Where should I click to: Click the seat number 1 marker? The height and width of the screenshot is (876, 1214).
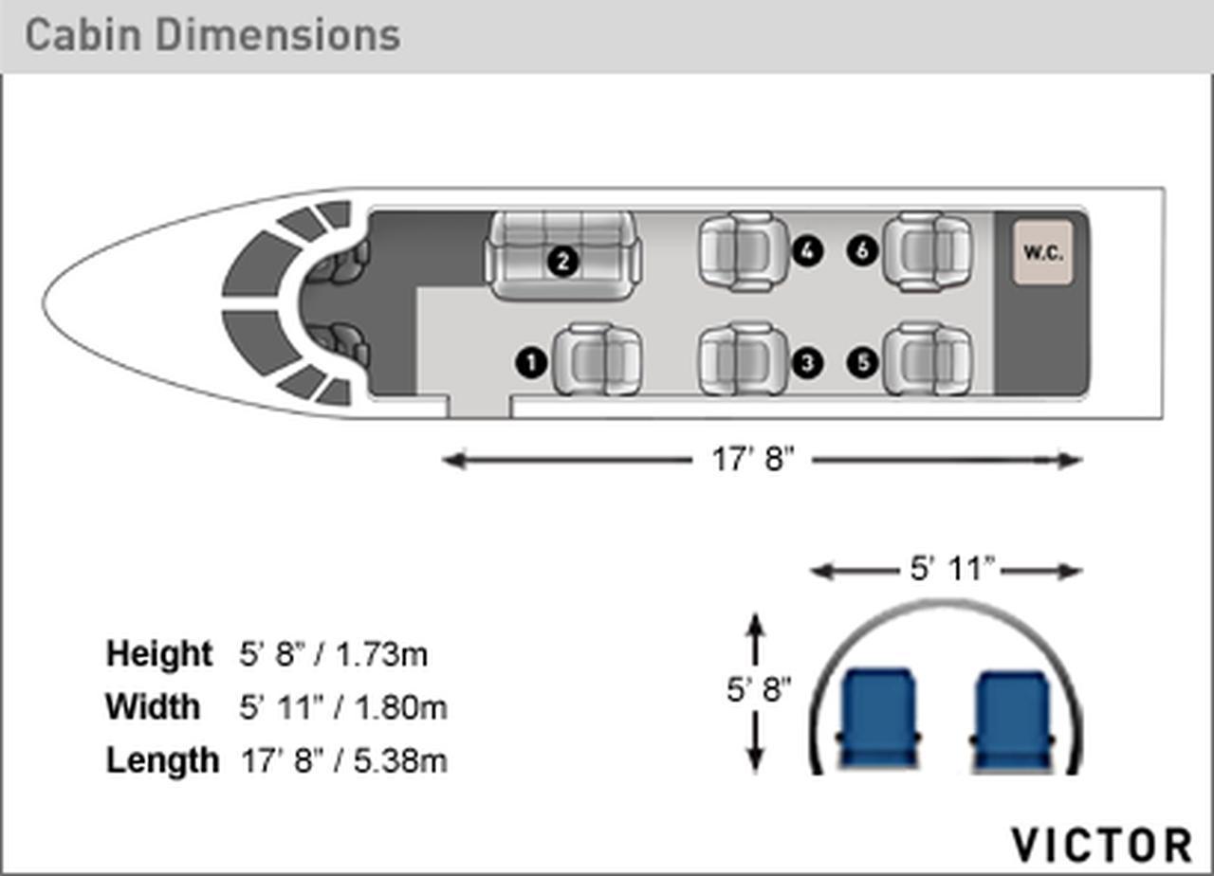point(531,362)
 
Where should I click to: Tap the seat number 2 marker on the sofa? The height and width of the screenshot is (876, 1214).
point(562,262)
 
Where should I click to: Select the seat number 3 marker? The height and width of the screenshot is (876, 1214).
point(807,362)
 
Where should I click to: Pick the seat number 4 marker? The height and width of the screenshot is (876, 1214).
point(807,251)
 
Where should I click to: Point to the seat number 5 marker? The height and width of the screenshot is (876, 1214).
point(863,362)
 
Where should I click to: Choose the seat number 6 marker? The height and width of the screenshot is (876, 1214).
point(863,251)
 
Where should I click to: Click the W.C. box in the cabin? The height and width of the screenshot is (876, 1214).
point(1043,252)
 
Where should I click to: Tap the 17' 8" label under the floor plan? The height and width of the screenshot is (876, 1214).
point(753,460)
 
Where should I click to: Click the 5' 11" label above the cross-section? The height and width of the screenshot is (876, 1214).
point(952,569)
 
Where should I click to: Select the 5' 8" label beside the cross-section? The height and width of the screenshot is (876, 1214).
point(759,689)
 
